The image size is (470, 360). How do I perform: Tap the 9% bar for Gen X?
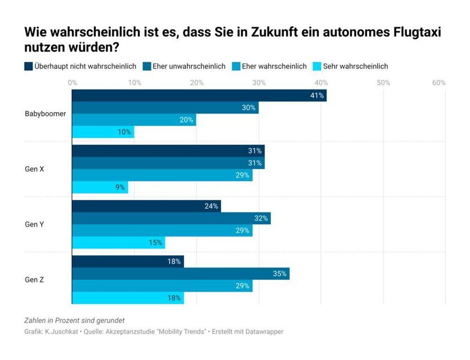(x=100, y=187)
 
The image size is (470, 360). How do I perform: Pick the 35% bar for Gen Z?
(x=180, y=274)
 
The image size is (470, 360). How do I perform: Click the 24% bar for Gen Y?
(x=146, y=206)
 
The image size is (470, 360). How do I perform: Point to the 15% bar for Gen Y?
(x=119, y=242)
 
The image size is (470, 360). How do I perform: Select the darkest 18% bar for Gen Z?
(x=128, y=262)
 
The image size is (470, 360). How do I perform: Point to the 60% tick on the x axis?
(x=438, y=82)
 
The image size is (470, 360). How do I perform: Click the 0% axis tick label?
(x=73, y=82)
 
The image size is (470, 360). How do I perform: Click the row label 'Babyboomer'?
(x=45, y=113)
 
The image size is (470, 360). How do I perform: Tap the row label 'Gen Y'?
(x=34, y=224)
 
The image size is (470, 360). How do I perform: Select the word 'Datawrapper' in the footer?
(x=263, y=331)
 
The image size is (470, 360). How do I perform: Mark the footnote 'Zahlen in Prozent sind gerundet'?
(x=74, y=320)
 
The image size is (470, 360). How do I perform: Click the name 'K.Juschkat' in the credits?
(x=62, y=331)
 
